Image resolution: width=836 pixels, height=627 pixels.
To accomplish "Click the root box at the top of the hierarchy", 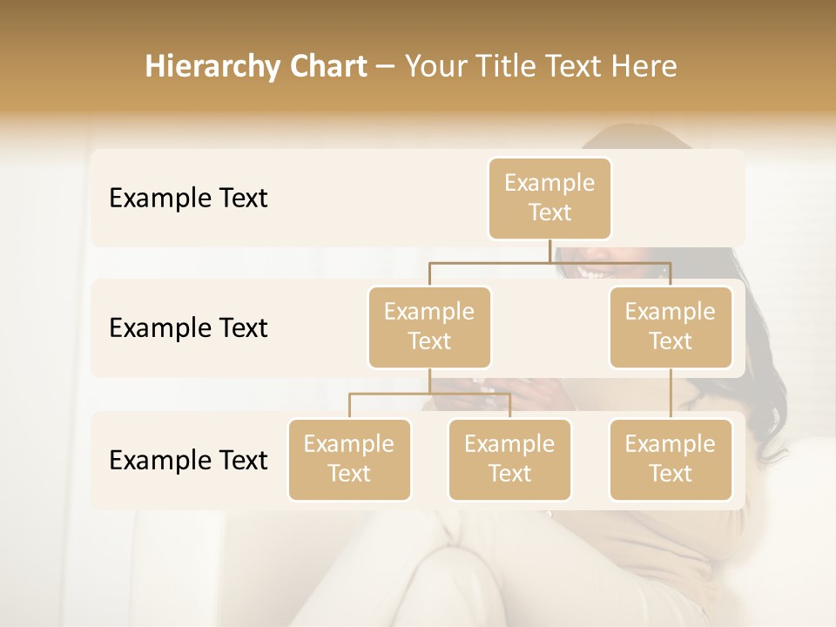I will click(549, 198).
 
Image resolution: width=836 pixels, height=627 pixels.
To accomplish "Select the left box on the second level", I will click(429, 327).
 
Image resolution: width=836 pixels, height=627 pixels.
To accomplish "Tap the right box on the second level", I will click(670, 327).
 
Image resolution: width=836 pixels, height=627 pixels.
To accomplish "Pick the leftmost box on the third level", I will click(349, 459).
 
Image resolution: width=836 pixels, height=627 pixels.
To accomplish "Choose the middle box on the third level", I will click(509, 459).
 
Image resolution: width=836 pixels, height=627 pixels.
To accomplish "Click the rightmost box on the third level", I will click(670, 459).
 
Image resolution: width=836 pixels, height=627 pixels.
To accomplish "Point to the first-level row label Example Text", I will click(188, 199).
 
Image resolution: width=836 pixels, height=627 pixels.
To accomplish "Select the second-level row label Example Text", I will click(188, 328).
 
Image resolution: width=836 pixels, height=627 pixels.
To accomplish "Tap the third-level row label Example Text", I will click(188, 460).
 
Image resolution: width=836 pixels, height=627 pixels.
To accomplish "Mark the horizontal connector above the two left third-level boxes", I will click(429, 394).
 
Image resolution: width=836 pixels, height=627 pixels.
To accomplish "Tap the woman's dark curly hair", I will click(762, 401).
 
